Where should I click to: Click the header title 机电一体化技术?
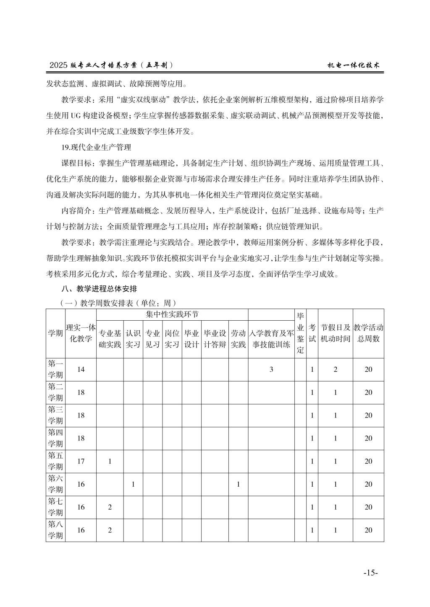(x=354, y=65)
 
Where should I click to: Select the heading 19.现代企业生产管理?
(x=96, y=147)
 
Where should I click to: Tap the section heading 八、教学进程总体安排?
(x=99, y=289)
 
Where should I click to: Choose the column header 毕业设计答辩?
(x=215, y=339)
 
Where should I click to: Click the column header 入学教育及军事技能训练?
(x=271, y=339)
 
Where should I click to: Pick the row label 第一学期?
(x=55, y=369)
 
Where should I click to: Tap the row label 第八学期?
(x=55, y=530)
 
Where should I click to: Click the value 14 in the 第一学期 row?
(x=81, y=369)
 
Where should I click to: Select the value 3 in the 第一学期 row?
(x=271, y=369)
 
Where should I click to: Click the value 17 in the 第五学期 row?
(x=81, y=461)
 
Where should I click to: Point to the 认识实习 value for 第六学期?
(x=133, y=484)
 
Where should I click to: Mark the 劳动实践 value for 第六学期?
(x=238, y=484)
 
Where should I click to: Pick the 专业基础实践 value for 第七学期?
(x=110, y=507)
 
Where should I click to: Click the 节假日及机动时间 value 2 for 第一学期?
(x=335, y=369)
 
